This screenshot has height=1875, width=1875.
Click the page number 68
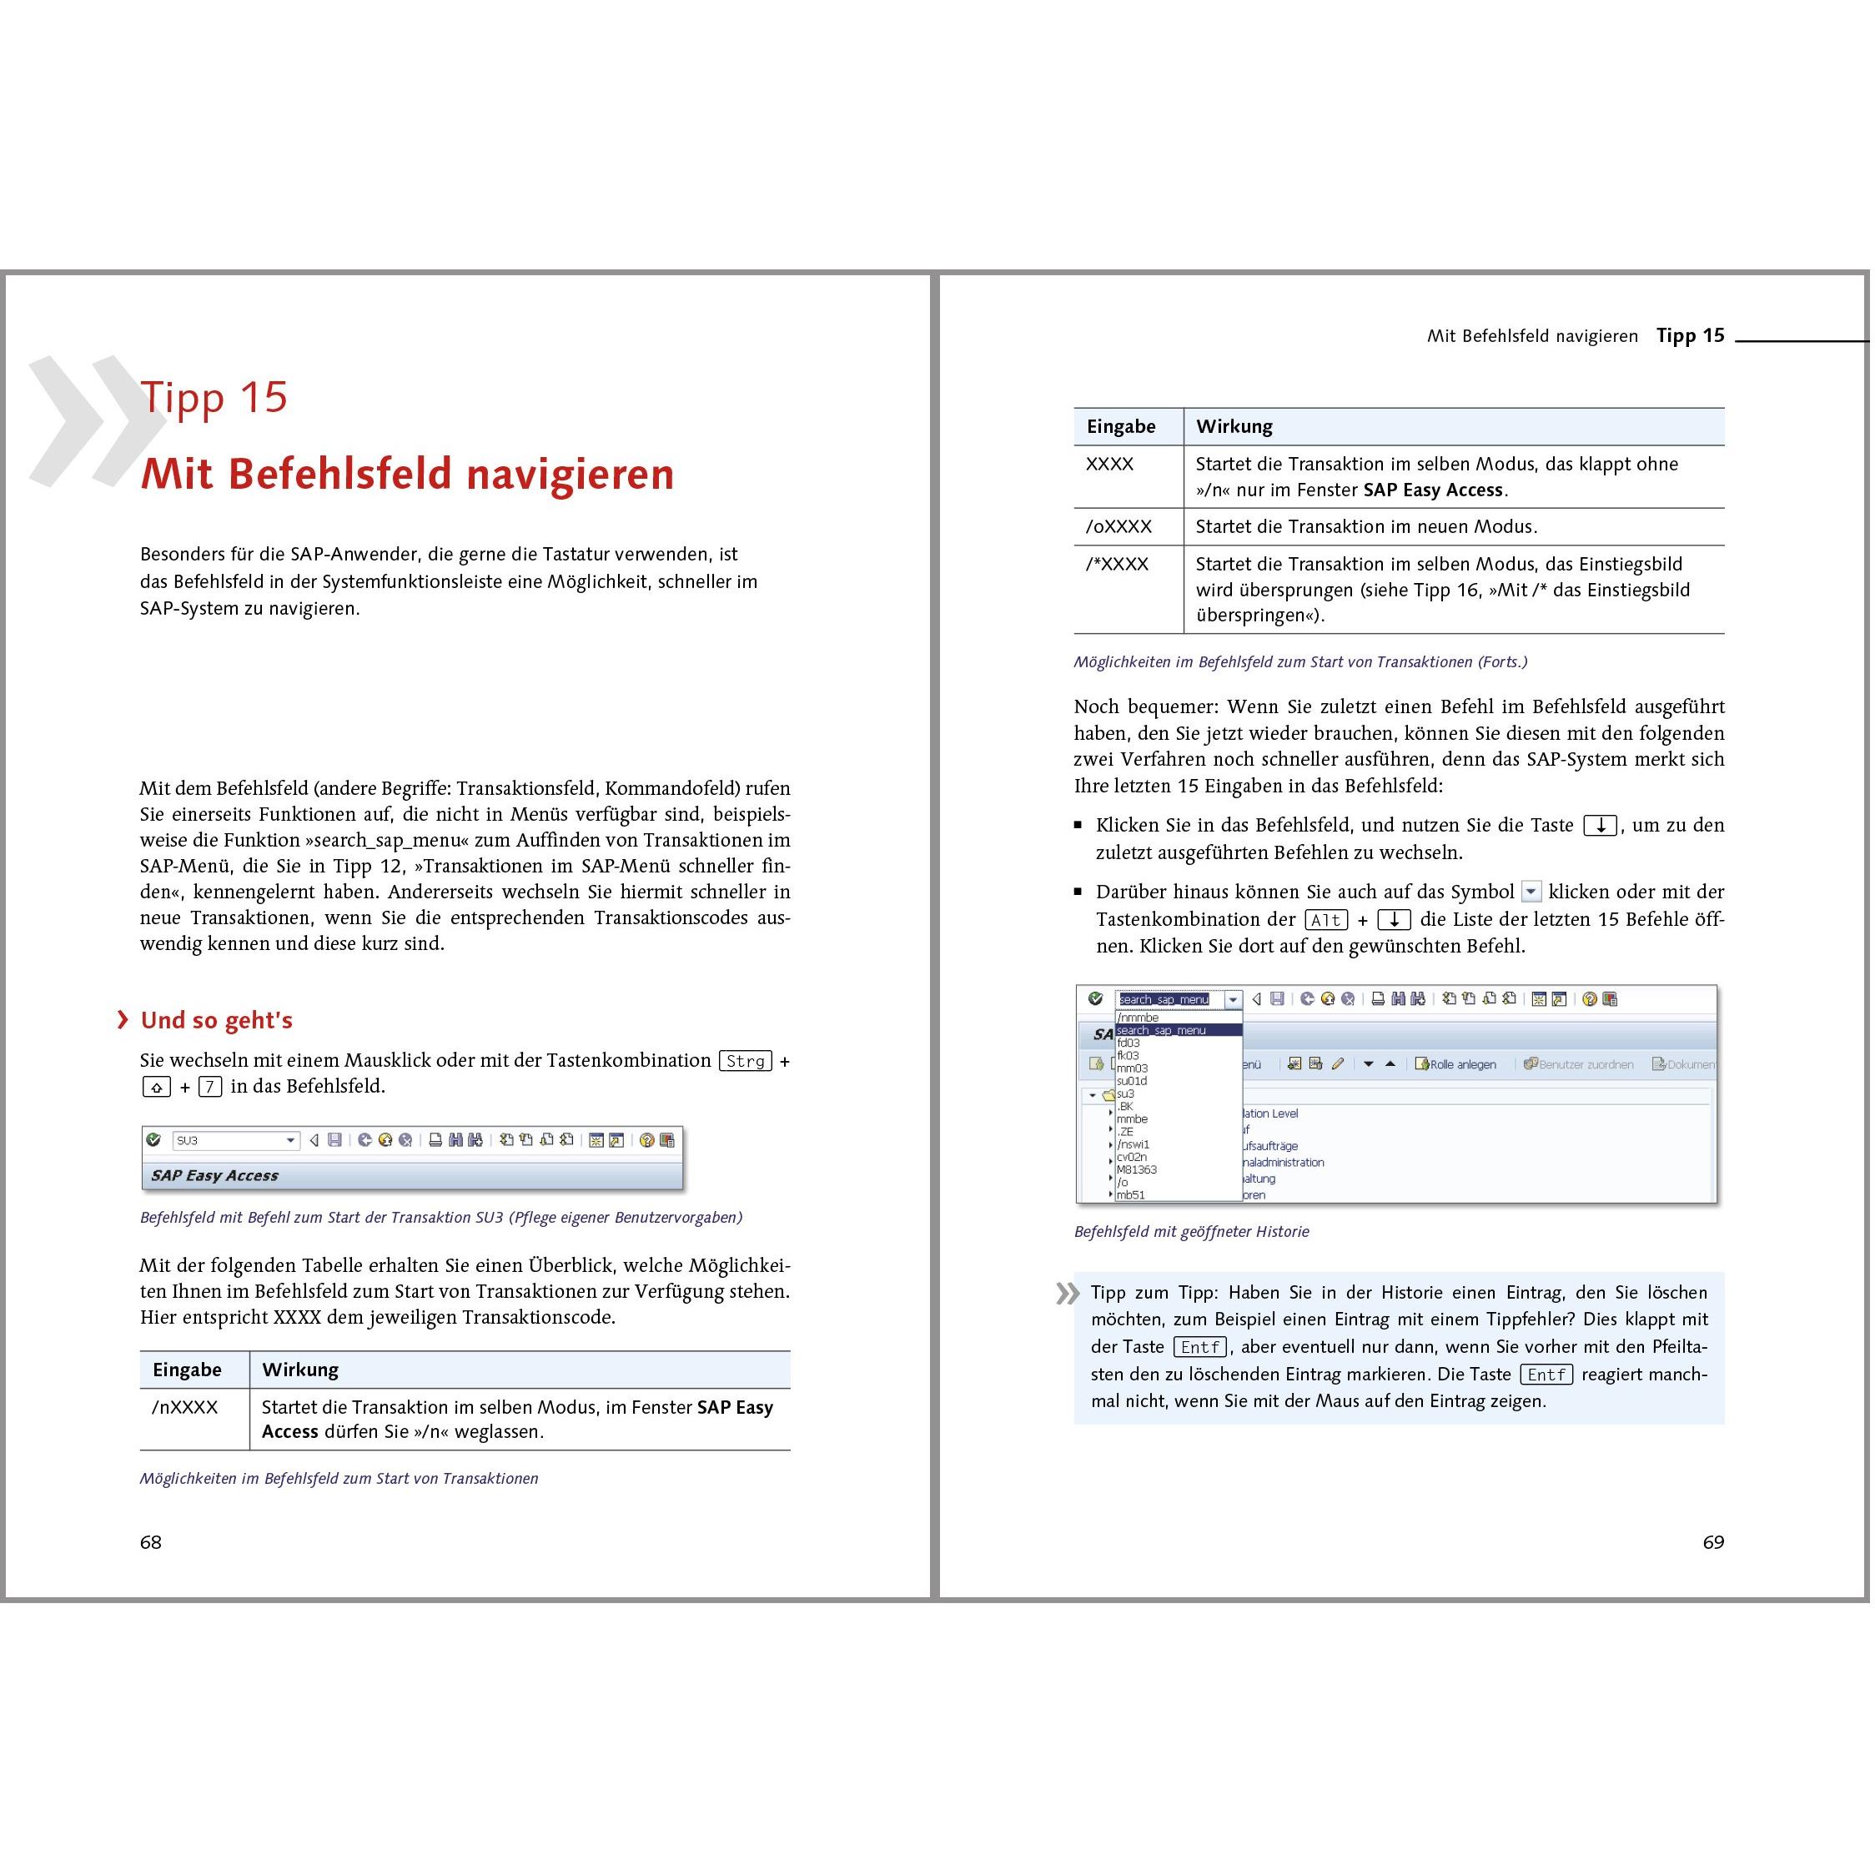(150, 1542)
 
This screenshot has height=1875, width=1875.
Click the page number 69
(1713, 1542)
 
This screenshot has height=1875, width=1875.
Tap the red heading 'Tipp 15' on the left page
(214, 397)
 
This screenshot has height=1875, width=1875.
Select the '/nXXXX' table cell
(184, 1407)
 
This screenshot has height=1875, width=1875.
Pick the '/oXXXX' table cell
(1118, 527)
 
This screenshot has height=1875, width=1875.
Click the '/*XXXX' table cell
(1117, 564)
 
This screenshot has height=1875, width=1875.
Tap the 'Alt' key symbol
(1325, 920)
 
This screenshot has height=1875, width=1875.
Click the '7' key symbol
(209, 1087)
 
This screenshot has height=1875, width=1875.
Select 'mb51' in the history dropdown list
(1131, 1194)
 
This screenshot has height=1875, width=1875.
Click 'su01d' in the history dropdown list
(1132, 1081)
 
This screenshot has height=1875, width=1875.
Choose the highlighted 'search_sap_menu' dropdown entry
(1162, 1031)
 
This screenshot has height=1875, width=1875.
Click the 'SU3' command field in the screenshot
(230, 1140)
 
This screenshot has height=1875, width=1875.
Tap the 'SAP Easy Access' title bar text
(214, 1175)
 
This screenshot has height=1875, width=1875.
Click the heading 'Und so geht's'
(216, 1020)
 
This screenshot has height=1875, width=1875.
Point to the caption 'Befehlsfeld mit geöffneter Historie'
(1191, 1232)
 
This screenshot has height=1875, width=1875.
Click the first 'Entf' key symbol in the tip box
(1199, 1347)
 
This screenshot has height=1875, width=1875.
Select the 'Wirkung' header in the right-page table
(1234, 426)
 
